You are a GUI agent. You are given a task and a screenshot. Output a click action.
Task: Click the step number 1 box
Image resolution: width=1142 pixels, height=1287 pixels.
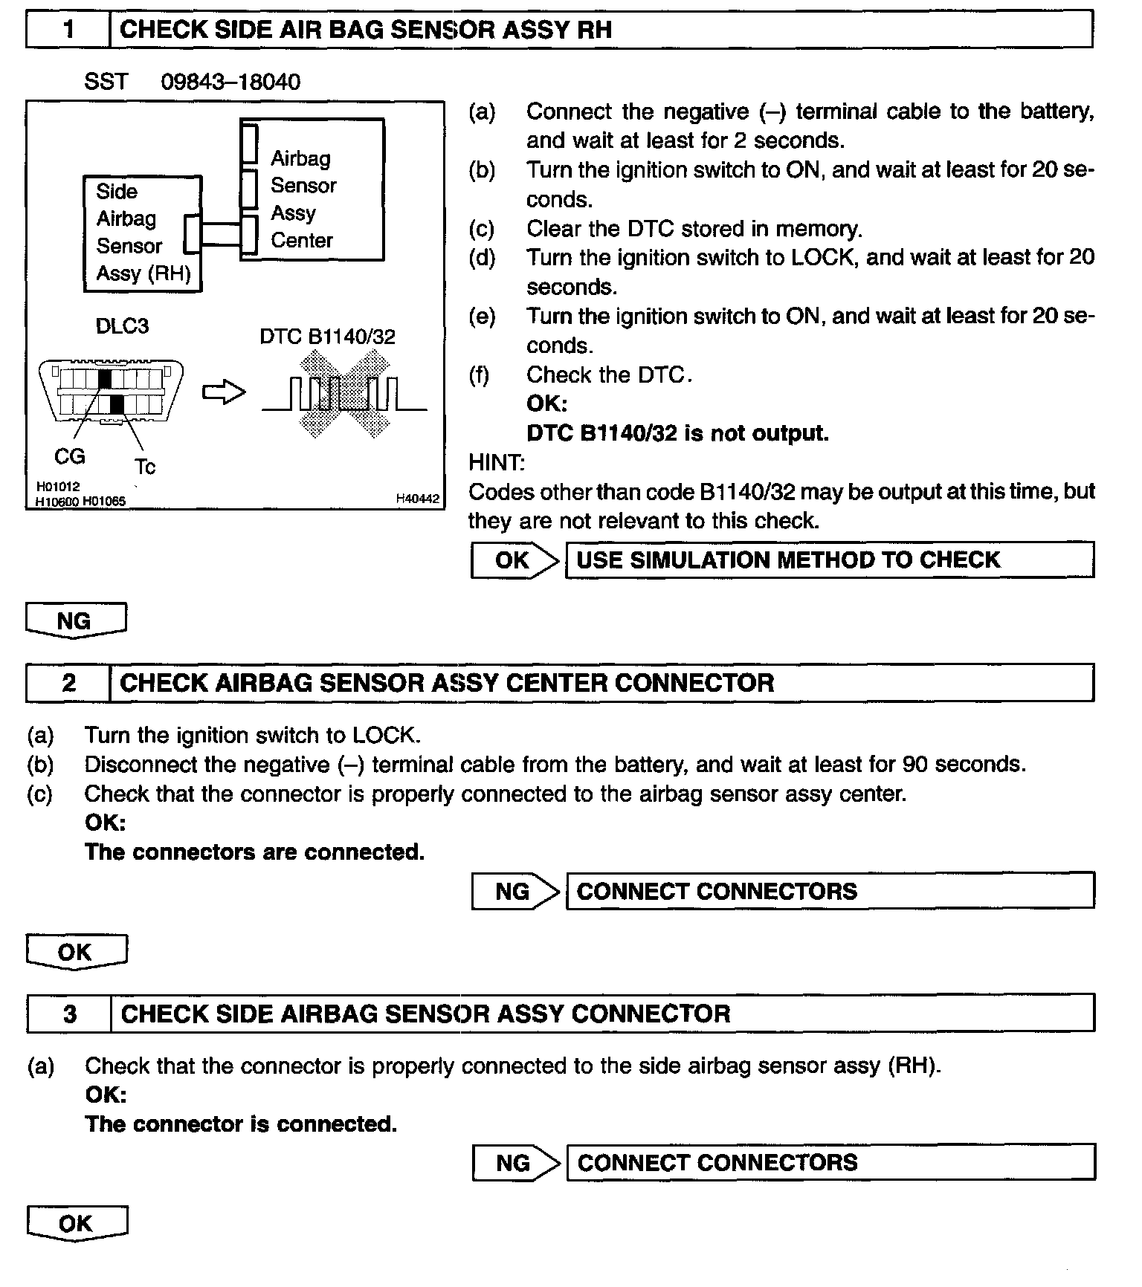(x=68, y=30)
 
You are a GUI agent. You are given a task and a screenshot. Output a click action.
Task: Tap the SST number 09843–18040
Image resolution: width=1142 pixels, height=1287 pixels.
(x=230, y=82)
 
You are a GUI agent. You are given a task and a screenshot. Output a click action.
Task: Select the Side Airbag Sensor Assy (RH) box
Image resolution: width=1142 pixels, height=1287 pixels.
(x=142, y=233)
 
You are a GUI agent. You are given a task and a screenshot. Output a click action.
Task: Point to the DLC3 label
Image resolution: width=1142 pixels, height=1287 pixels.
(x=122, y=325)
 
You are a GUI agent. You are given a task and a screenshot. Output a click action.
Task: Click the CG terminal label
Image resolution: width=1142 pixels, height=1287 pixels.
(x=70, y=456)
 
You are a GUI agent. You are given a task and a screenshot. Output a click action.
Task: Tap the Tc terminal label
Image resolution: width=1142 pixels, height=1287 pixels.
(x=145, y=467)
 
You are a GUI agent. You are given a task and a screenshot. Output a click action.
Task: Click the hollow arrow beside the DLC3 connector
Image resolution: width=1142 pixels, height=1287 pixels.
(x=224, y=392)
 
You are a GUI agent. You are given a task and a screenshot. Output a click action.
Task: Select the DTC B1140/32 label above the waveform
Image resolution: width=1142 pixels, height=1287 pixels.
(x=327, y=337)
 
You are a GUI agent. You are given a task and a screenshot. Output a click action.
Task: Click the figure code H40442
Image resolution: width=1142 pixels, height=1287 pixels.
(x=417, y=499)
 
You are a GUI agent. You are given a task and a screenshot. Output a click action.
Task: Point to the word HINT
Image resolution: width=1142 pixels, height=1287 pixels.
(x=496, y=462)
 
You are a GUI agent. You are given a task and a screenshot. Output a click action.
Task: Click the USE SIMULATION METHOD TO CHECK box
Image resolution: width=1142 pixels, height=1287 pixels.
(x=829, y=560)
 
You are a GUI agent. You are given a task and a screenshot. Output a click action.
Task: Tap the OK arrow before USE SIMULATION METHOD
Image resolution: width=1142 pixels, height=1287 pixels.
(x=514, y=560)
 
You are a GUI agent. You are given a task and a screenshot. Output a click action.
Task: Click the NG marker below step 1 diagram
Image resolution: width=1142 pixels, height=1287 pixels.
(x=75, y=620)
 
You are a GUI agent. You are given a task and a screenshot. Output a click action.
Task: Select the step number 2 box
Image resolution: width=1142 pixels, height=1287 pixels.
(x=68, y=683)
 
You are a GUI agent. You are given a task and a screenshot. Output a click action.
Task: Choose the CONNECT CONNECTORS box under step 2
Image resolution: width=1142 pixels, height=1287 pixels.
(x=829, y=891)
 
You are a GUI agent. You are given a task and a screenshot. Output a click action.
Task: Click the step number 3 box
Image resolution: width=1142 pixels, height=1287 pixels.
(x=69, y=1014)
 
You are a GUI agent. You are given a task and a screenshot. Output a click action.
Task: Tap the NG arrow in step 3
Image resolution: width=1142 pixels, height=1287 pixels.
(x=515, y=1162)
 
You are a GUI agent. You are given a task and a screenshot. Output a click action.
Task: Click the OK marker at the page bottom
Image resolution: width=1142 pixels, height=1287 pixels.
(x=76, y=1223)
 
